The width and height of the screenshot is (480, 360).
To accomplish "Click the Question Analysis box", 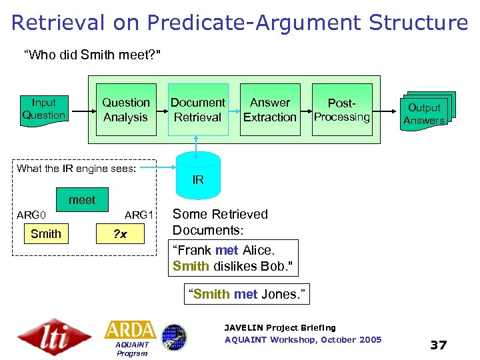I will pos(125,110).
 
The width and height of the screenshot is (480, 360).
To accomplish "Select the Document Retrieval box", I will pos(197,110).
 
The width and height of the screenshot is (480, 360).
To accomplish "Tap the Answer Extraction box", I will pos(269,110).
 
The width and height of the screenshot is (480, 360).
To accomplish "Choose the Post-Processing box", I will pos(342,110).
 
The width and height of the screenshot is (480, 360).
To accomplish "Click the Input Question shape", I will pos(44,109).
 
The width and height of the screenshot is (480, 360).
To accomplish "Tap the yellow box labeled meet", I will pos(81,199).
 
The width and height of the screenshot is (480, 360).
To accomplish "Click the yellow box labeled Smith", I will pos(45,234).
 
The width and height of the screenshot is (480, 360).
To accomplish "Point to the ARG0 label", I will pos(31,215).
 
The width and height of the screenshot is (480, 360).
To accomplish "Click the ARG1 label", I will pos(139,215).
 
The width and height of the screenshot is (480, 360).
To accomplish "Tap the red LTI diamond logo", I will pos(54,336).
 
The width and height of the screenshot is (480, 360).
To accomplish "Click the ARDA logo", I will pos(131,330).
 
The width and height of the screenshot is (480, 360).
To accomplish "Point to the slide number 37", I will pos(438,345).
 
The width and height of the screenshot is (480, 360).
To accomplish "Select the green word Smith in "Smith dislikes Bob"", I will pos(190,266).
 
